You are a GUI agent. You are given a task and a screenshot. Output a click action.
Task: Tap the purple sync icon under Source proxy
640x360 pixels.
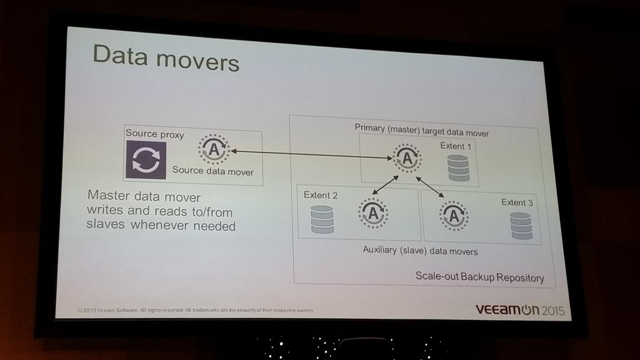click(x=146, y=159)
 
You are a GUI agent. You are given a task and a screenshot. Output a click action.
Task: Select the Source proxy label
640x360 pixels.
click(x=154, y=133)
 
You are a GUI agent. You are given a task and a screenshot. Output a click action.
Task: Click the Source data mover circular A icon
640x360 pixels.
click(x=214, y=149)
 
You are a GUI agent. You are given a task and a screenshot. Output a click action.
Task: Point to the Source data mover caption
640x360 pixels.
click(x=212, y=170)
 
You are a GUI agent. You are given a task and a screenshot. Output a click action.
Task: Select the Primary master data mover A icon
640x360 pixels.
click(x=407, y=158)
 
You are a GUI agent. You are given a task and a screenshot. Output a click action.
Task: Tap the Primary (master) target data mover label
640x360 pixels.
click(x=421, y=130)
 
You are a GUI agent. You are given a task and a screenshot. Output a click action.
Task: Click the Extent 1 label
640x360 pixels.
click(x=456, y=146)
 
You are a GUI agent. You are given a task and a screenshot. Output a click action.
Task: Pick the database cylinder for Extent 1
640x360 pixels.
click(x=458, y=168)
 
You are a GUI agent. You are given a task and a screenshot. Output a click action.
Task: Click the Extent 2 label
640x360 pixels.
click(x=321, y=195)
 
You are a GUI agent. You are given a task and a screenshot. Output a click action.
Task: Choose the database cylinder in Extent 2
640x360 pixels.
click(x=322, y=219)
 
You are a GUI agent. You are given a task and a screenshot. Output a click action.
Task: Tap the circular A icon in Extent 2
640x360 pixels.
click(x=373, y=213)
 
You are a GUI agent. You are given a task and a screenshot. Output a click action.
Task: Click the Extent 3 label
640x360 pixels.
click(x=517, y=202)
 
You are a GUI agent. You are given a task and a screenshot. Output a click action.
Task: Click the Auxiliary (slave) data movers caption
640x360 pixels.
click(x=420, y=251)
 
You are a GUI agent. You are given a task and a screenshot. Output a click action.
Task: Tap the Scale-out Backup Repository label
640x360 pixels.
click(x=479, y=277)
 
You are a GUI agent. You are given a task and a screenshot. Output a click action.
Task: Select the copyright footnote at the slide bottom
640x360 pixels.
click(x=195, y=310)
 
